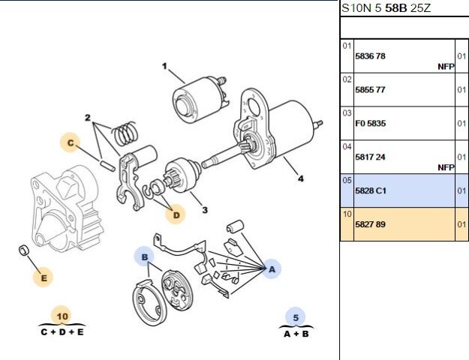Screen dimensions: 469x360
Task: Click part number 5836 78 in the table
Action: coord(370,56)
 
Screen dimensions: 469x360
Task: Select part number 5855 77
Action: coord(370,90)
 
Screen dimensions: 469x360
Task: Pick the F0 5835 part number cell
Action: coord(370,123)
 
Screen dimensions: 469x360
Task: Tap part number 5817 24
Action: coord(370,157)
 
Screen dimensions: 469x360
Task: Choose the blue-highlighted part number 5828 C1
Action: coord(371,190)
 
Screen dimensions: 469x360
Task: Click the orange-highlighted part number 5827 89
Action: coord(370,224)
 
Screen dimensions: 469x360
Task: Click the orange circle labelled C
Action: coord(71,142)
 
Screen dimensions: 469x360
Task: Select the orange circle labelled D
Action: coord(176,214)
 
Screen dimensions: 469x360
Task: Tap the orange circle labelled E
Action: coord(44,277)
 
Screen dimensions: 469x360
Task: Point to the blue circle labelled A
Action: coord(272,269)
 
